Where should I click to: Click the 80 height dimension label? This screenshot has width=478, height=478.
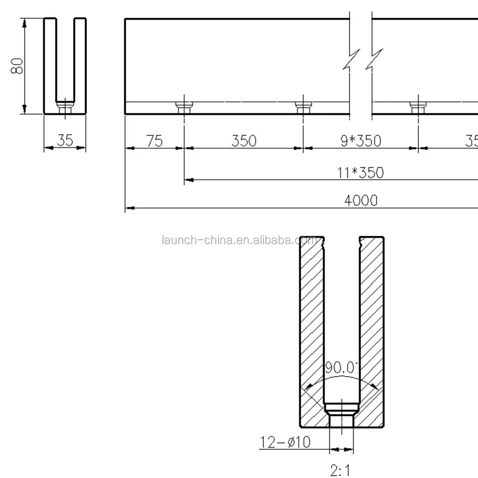pos(18,66)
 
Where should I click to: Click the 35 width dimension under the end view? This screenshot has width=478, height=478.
pos(65,141)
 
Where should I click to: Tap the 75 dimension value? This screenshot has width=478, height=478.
pos(154,141)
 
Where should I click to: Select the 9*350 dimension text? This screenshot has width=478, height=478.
pos(361,141)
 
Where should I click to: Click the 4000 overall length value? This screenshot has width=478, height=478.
pos(361,200)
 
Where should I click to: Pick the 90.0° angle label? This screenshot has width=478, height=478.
pos(341,368)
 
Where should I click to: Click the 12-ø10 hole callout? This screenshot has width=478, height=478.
pos(285,442)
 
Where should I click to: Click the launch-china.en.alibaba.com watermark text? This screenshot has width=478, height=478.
pos(239,240)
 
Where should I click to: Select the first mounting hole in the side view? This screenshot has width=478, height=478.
pos(184,107)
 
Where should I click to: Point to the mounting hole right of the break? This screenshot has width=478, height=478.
pos(418,107)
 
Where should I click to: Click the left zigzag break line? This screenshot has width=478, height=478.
pos(351,60)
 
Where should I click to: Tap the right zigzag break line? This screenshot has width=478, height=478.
pos(374,60)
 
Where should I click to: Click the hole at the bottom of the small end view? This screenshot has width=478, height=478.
pos(65,107)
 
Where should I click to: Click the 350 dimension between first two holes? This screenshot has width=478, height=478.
pos(244,141)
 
